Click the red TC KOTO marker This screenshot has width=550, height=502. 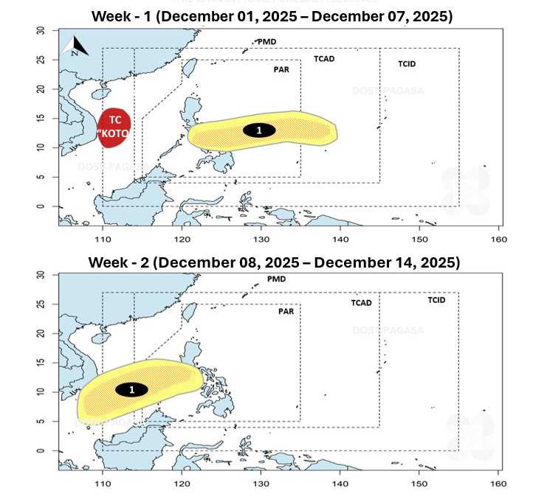[x=115, y=128]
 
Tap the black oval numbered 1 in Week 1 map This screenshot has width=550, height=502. [x=259, y=130]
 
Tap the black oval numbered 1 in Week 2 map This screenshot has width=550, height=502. [x=131, y=389]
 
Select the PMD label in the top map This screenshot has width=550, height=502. [x=267, y=42]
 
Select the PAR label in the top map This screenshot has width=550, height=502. [x=281, y=70]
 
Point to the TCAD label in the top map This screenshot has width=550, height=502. [x=324, y=58]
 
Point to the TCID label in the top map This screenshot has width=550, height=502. [x=407, y=64]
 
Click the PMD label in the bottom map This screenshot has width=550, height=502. [x=276, y=279]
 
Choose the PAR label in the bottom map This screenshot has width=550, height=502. [x=286, y=312]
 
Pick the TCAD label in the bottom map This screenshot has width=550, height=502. [x=361, y=303]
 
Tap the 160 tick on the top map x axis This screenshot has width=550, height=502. [x=498, y=240]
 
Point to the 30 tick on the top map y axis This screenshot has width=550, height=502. [x=41, y=30]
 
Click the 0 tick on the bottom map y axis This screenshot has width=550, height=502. [x=41, y=451]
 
